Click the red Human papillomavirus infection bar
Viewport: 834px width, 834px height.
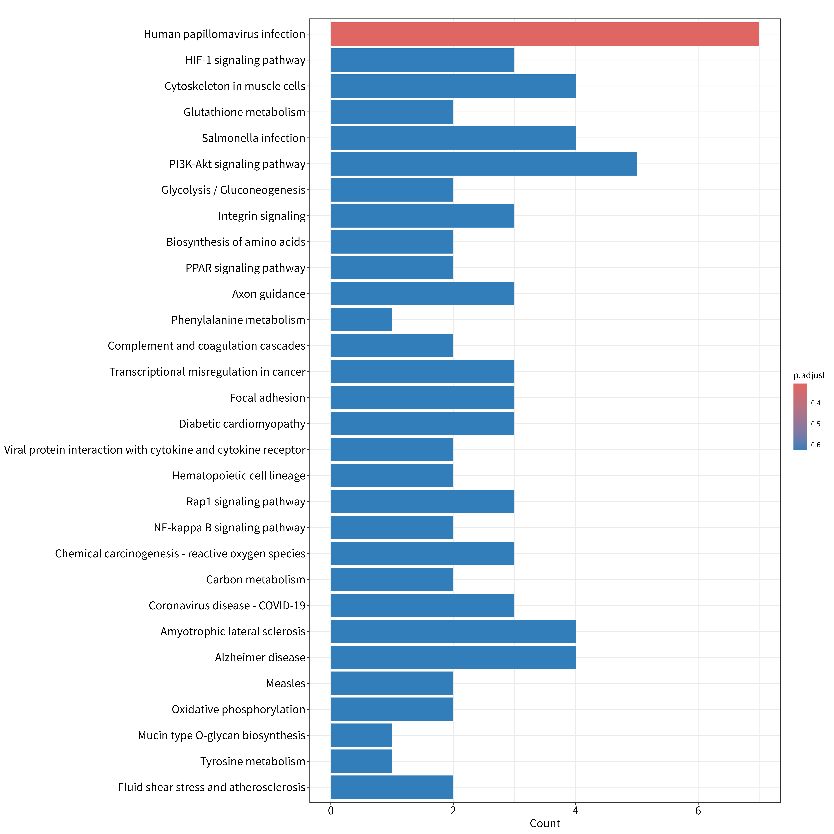(x=545, y=34)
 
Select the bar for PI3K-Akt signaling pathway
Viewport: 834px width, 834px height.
(x=483, y=164)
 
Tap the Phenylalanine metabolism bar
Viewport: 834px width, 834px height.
(x=361, y=320)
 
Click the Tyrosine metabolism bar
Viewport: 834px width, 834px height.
(x=361, y=761)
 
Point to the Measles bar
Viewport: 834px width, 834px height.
(x=392, y=683)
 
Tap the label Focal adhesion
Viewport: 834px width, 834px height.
(x=268, y=398)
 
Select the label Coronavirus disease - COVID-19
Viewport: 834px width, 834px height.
(x=227, y=606)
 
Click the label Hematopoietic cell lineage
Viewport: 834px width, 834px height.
(x=239, y=476)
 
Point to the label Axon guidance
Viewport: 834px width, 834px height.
(x=269, y=294)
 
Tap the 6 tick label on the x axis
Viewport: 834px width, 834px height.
(x=698, y=811)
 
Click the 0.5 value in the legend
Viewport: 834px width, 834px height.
(x=815, y=424)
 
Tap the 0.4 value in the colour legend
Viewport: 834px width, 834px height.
(x=815, y=403)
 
